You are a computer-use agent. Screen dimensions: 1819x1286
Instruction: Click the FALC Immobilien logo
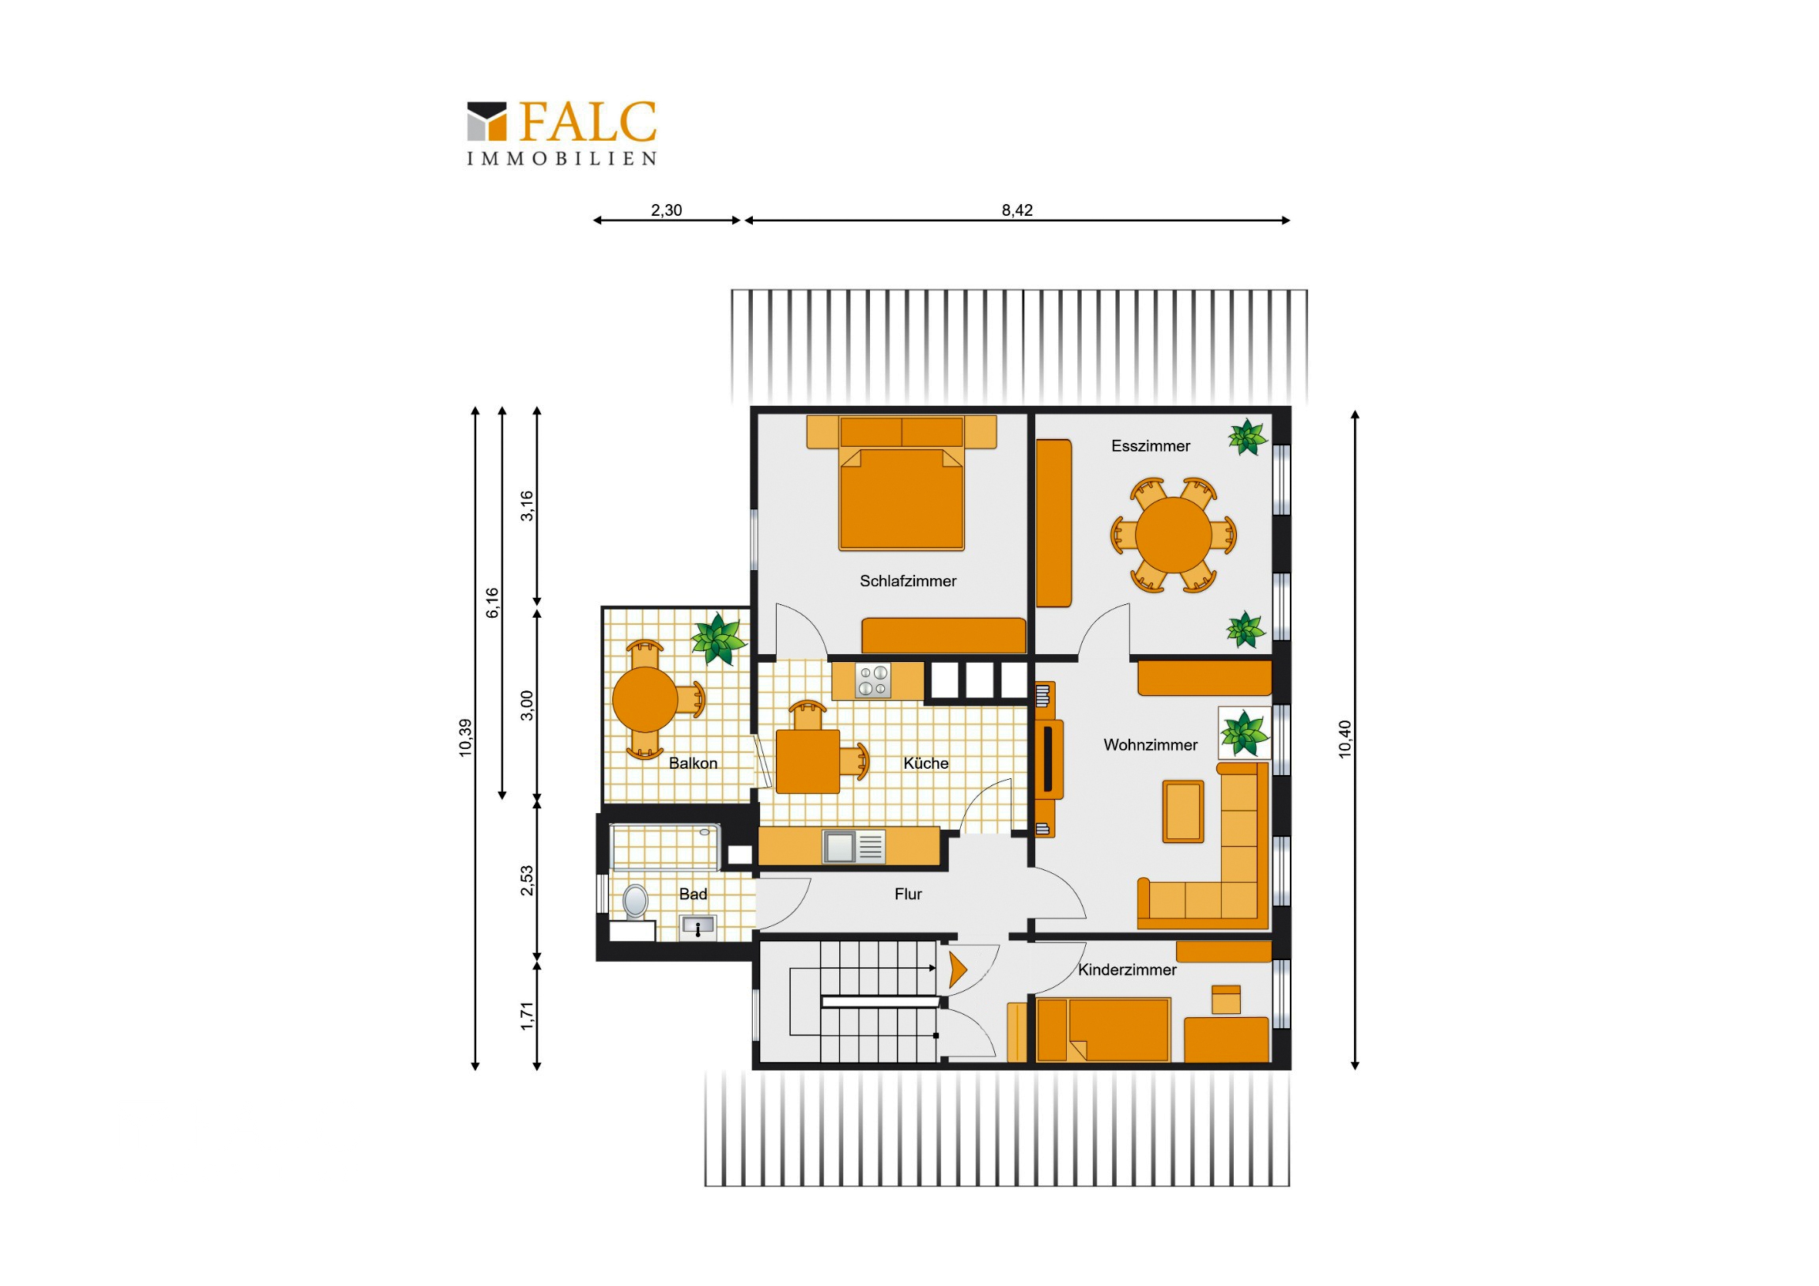[562, 133]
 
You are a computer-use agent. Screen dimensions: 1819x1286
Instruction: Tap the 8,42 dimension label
[1017, 210]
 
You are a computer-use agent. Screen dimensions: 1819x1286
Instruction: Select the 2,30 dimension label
[666, 210]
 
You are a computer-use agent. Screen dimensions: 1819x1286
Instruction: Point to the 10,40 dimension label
[1344, 739]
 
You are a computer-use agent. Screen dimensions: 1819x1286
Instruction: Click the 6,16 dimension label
[492, 603]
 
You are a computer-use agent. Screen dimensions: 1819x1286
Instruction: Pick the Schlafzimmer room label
[908, 581]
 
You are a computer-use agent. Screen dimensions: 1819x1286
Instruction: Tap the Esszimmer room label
[1151, 446]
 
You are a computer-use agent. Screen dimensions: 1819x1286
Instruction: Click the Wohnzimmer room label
[1151, 745]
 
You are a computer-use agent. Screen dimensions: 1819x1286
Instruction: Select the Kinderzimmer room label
[1126, 970]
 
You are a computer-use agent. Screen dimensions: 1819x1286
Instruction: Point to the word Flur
[908, 894]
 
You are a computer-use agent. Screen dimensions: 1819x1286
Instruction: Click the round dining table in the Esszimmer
[1174, 535]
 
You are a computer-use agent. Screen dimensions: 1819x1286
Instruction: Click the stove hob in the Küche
[873, 681]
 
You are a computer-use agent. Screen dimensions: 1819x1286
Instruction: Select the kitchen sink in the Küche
[853, 846]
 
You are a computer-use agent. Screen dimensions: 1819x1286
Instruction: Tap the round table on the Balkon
[645, 699]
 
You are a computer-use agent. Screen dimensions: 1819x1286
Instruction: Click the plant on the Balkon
[719, 637]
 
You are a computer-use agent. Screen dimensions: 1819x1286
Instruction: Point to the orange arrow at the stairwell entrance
[958, 970]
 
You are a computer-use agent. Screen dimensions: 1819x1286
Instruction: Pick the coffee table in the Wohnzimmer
[1184, 811]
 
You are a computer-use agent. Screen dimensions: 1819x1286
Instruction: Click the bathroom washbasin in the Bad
[698, 925]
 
